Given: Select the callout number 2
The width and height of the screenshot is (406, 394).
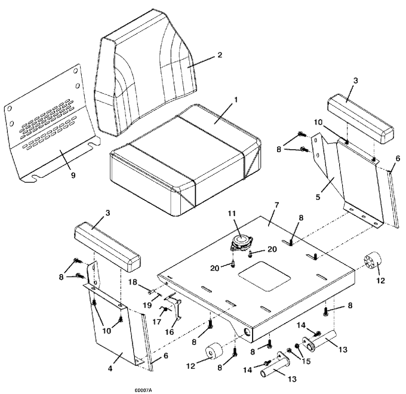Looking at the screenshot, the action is pyautogui.click(x=220, y=55).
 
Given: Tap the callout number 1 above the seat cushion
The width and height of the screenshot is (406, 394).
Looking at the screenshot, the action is pyautogui.click(x=236, y=100).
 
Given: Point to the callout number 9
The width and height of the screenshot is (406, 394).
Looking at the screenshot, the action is pyautogui.click(x=73, y=176).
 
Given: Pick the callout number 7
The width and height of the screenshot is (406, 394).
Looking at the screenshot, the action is pyautogui.click(x=277, y=205).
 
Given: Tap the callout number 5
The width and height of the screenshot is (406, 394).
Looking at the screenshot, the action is pyautogui.click(x=318, y=197).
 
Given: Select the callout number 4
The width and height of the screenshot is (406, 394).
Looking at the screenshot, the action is pyautogui.click(x=110, y=368).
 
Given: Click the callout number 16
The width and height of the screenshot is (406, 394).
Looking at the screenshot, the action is pyautogui.click(x=170, y=331).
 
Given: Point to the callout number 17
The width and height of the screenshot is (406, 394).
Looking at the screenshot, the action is pyautogui.click(x=157, y=322).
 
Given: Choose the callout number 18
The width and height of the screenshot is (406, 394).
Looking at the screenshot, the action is pyautogui.click(x=133, y=282).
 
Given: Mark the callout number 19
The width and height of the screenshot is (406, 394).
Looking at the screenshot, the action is pyautogui.click(x=147, y=306).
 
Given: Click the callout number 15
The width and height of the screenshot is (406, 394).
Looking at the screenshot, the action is pyautogui.click(x=306, y=361).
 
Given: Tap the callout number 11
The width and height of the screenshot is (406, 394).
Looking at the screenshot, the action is pyautogui.click(x=232, y=213).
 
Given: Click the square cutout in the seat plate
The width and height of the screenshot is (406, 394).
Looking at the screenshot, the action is pyautogui.click(x=264, y=276).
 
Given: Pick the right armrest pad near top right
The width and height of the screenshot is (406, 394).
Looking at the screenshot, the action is pyautogui.click(x=361, y=119).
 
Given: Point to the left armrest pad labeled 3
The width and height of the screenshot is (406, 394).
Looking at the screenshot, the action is pyautogui.click(x=107, y=247).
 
